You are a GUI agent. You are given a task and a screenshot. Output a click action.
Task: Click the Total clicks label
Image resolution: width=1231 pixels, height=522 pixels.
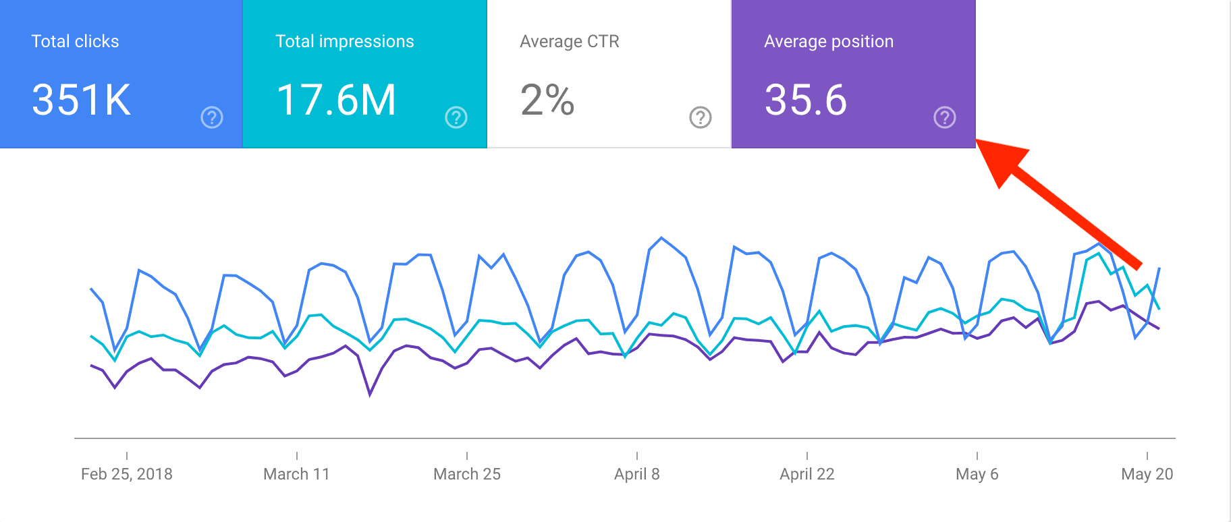point(75,42)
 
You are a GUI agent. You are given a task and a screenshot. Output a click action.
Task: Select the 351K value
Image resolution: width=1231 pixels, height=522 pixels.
point(81,100)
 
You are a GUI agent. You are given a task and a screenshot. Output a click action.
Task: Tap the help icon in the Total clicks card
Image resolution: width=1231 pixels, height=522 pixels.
point(212,118)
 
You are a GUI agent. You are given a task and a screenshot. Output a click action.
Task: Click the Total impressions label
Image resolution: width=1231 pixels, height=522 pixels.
point(344,42)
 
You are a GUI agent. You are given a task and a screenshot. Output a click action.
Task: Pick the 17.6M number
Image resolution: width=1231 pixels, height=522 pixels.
point(335,100)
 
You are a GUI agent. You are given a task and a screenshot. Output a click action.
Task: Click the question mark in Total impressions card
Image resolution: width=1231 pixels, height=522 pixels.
point(456,118)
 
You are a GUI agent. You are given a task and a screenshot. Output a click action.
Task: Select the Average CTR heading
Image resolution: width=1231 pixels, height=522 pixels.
point(569,42)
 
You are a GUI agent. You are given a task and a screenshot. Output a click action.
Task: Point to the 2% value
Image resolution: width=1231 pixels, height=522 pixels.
point(547,100)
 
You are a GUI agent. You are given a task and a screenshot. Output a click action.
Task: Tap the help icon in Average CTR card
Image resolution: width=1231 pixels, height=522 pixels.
point(701,118)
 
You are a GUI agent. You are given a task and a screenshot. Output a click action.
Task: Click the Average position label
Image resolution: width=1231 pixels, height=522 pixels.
point(828,42)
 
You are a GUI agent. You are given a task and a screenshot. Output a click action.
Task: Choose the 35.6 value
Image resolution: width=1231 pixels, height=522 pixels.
point(805,100)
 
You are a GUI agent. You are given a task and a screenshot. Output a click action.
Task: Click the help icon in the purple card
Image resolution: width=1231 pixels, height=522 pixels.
point(945,118)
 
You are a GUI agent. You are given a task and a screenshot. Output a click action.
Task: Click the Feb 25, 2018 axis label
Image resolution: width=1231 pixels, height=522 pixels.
point(127,474)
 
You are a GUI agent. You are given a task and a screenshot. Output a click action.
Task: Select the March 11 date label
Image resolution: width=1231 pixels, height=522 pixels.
point(296,474)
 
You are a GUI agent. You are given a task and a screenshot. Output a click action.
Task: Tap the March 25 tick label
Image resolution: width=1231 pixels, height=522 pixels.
point(467,474)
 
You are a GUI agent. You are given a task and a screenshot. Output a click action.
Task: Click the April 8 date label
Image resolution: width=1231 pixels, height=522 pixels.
point(636,474)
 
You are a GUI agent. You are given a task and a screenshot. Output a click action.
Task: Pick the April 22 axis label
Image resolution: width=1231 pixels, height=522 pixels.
point(807,474)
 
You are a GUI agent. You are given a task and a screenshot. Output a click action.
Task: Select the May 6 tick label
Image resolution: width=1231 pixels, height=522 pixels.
point(977,474)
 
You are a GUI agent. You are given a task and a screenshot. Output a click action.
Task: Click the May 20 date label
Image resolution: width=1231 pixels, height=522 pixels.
point(1147,474)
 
